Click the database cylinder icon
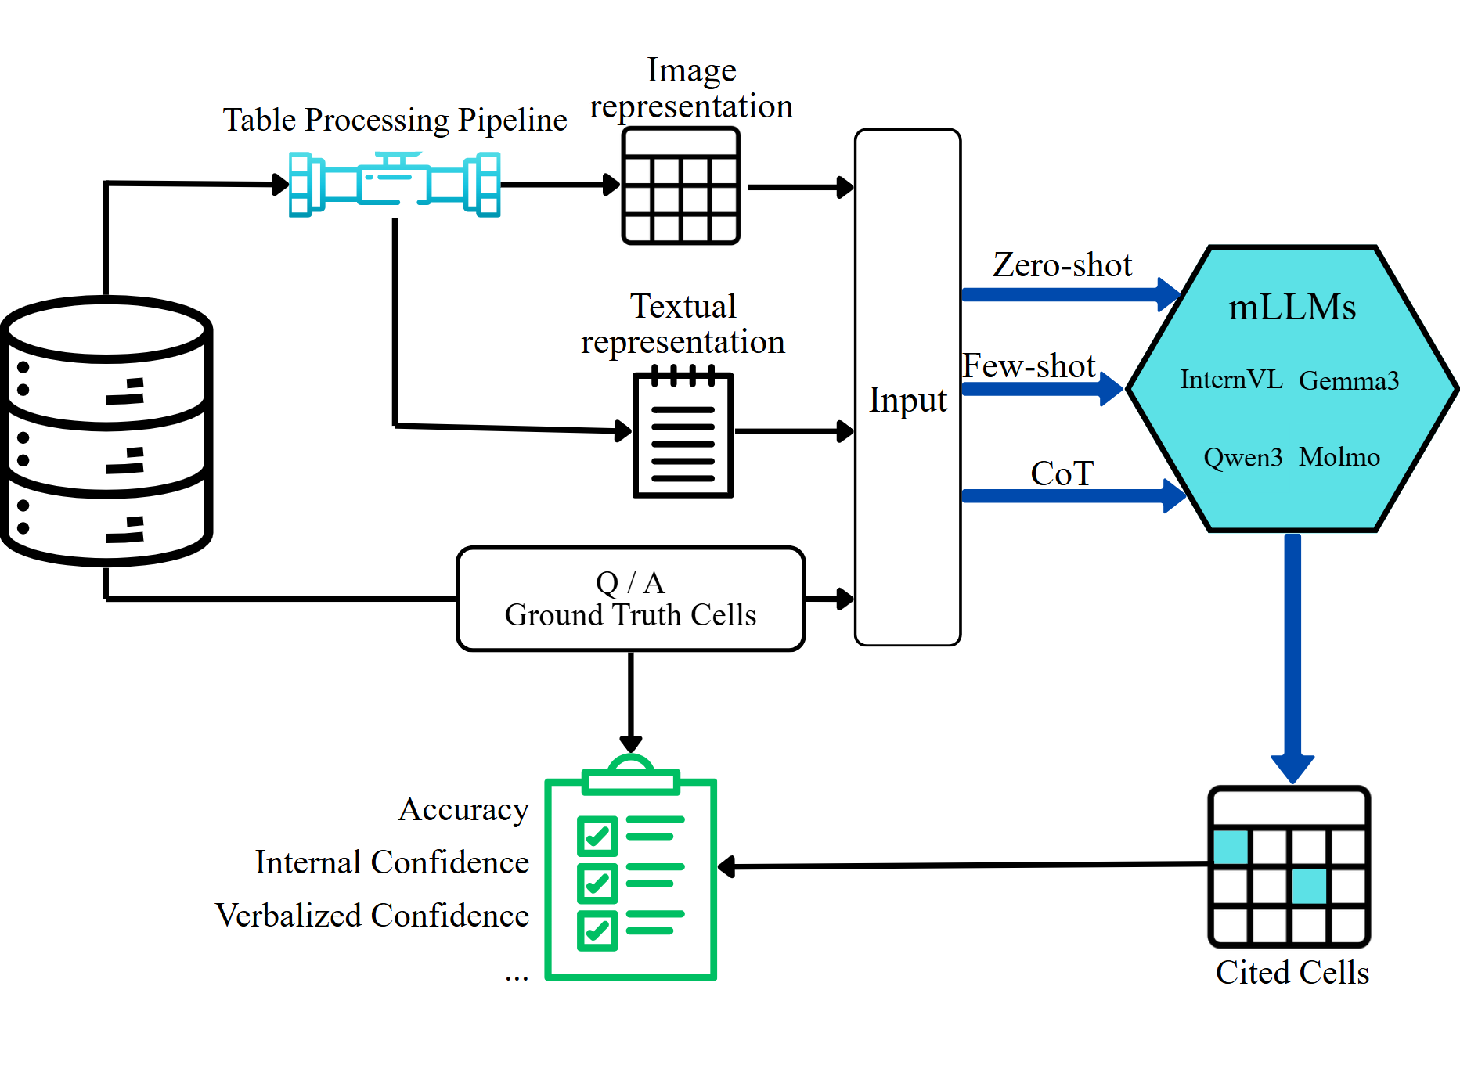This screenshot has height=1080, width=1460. [x=107, y=430]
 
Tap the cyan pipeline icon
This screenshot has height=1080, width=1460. [x=395, y=185]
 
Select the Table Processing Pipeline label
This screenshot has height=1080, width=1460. [x=395, y=120]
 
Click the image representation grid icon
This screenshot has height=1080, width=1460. [x=680, y=186]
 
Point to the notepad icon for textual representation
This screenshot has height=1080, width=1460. [x=683, y=434]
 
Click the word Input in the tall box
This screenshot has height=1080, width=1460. [x=907, y=400]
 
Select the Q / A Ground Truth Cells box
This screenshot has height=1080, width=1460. [x=630, y=599]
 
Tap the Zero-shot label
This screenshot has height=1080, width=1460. [x=1062, y=265]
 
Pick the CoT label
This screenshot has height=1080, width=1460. [x=1062, y=473]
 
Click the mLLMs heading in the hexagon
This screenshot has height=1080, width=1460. [x=1292, y=308]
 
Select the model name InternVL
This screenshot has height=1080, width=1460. [x=1231, y=380]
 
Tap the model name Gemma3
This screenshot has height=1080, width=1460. [x=1348, y=380]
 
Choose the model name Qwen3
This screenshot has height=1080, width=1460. [x=1242, y=457]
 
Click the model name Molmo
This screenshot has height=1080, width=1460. [x=1339, y=456]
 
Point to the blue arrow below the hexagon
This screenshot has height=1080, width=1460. [x=1292, y=657]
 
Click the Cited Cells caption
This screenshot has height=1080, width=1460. [x=1292, y=973]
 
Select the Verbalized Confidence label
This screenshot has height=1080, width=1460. [x=372, y=915]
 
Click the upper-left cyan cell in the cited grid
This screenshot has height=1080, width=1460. [x=1231, y=847]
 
